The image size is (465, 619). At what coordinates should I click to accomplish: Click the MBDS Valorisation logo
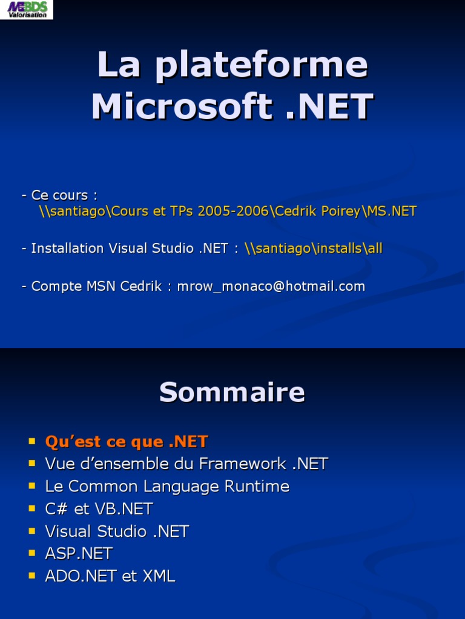click(x=27, y=9)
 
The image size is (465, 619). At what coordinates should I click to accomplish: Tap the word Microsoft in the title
click(x=181, y=107)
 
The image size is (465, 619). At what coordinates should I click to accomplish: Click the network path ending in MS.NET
click(x=228, y=211)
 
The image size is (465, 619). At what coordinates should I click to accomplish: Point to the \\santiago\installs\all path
click(x=314, y=248)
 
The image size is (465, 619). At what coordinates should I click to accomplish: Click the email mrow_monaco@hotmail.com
click(x=271, y=286)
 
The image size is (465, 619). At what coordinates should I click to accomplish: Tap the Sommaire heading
click(x=232, y=393)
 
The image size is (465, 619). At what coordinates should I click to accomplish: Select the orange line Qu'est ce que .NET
click(x=127, y=441)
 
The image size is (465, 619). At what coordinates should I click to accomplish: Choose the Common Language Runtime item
click(x=167, y=486)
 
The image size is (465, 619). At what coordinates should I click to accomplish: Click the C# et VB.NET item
click(x=99, y=508)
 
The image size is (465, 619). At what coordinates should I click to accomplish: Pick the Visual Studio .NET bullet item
click(x=117, y=531)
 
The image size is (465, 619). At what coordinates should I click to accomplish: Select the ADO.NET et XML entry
click(x=110, y=576)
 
